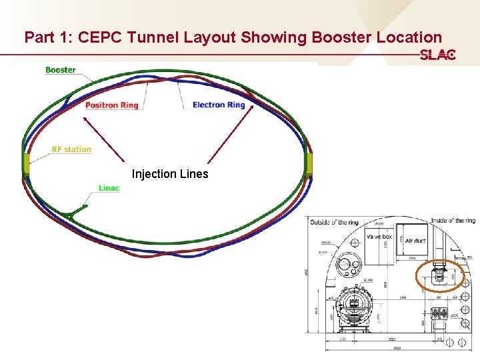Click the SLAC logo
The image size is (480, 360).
point(437,55)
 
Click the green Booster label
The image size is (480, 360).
point(61,70)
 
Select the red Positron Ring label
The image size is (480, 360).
point(111,105)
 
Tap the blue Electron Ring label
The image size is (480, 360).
point(219,105)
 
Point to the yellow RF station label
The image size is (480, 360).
point(71,149)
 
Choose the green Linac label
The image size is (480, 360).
point(109,188)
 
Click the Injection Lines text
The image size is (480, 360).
point(170,174)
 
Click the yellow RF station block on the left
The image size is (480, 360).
point(26,163)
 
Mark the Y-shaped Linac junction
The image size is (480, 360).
point(69,215)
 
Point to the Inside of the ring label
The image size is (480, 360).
point(452,221)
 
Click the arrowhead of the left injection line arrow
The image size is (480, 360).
point(83,117)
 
